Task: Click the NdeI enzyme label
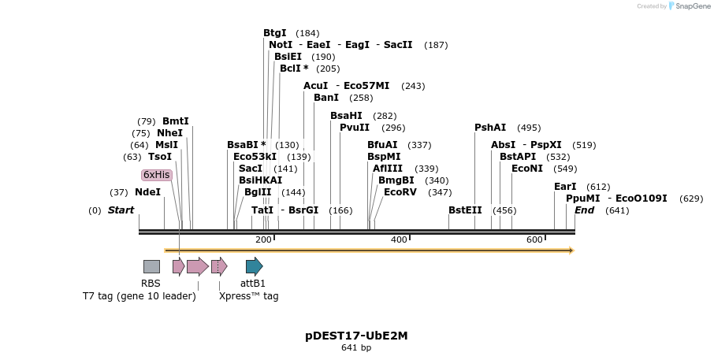(x=147, y=192)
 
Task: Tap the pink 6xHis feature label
(x=156, y=175)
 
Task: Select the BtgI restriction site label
(x=275, y=33)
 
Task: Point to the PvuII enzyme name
(x=355, y=128)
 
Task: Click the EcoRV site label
(x=400, y=192)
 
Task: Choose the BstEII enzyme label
(x=465, y=210)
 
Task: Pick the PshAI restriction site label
(x=490, y=128)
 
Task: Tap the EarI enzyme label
(x=565, y=187)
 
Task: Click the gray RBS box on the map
(x=151, y=267)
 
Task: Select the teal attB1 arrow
(x=254, y=267)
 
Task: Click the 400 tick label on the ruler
(x=399, y=239)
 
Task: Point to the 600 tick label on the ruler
(x=534, y=239)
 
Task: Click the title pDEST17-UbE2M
(x=356, y=336)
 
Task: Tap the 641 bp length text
(x=356, y=347)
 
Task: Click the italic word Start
(x=121, y=210)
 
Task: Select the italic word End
(x=585, y=210)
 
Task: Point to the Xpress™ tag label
(x=248, y=296)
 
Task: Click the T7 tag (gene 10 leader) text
(x=139, y=296)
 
